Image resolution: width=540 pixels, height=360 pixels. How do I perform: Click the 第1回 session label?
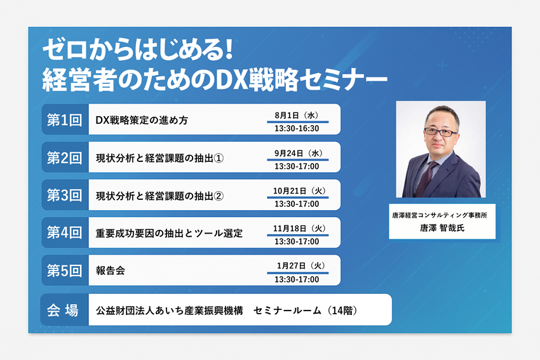[x=64, y=120]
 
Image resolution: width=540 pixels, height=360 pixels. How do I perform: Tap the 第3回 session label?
[x=64, y=196]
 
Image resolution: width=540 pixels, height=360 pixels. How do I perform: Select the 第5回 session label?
[x=64, y=271]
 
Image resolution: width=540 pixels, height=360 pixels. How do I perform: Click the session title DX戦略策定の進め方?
[x=142, y=120]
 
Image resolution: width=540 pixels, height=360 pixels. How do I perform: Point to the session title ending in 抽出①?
[x=160, y=158]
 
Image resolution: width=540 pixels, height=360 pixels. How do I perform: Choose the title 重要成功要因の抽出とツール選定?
[x=169, y=234]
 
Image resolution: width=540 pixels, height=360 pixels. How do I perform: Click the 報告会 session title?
[x=110, y=270]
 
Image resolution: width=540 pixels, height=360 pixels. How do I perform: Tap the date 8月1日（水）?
[x=297, y=116]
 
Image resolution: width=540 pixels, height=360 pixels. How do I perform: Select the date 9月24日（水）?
[x=298, y=153]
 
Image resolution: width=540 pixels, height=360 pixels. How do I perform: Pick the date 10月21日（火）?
[x=299, y=190]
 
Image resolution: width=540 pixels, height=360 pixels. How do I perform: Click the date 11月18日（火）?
[x=299, y=228]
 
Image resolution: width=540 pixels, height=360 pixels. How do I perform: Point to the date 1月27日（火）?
[x=301, y=265]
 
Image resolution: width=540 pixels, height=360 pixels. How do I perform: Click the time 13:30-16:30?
[x=297, y=128]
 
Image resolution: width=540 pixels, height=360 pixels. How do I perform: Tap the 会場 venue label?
[x=63, y=310]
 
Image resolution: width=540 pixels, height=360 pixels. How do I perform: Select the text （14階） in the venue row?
[x=342, y=310]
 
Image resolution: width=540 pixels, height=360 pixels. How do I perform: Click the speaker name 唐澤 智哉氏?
[x=442, y=228]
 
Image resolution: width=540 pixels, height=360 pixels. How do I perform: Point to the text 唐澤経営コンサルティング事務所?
[x=440, y=215]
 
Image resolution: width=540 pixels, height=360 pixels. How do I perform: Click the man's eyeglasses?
[x=441, y=131]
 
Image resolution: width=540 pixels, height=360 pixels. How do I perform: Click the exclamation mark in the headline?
[x=227, y=49]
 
